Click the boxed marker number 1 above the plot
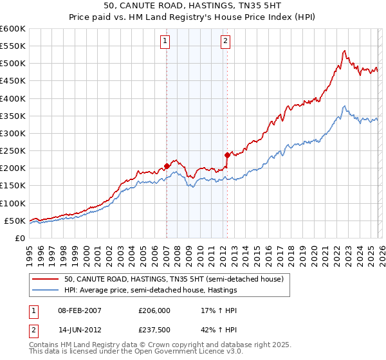(x=166, y=42)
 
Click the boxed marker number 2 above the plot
(x=226, y=42)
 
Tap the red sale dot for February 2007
(x=167, y=166)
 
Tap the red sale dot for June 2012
(x=227, y=155)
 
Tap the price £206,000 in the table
(x=154, y=310)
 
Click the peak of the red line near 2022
(x=345, y=50)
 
